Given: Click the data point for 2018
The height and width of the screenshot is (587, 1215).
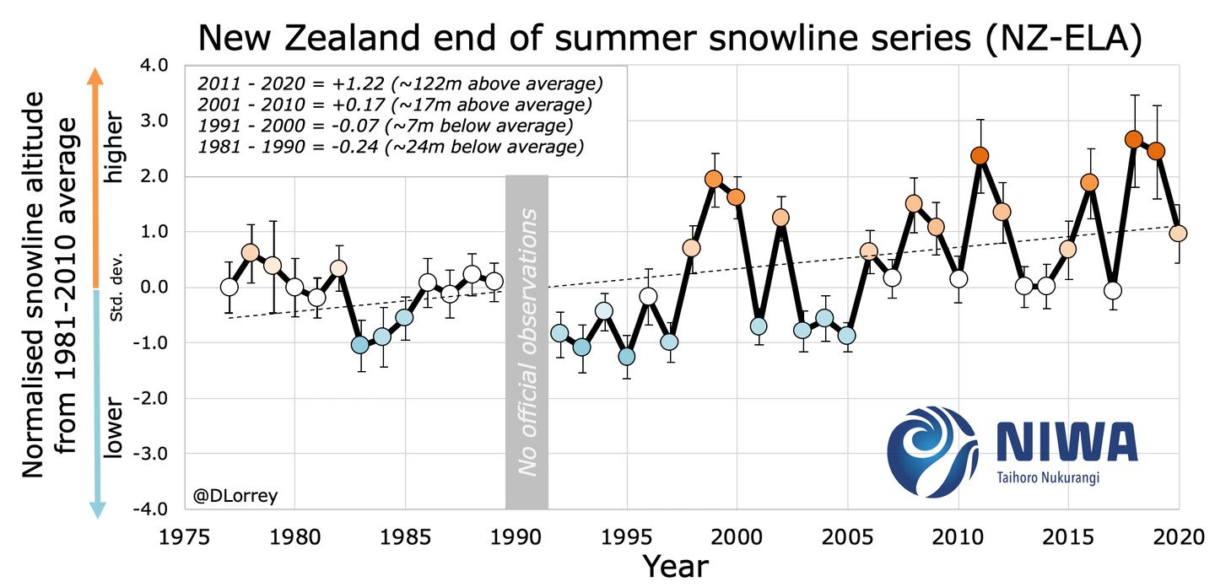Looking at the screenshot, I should (1134, 139).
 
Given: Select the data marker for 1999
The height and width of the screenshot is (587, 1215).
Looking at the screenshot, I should (714, 179).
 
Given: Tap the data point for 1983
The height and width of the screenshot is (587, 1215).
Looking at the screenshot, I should (360, 344).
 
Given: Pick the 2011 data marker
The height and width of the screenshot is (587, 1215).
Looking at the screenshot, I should (980, 156).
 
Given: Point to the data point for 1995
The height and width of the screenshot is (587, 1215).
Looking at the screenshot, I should (626, 356).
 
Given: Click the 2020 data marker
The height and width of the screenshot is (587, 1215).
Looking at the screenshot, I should (1179, 233).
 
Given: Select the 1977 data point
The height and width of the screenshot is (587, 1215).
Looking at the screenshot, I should (229, 287).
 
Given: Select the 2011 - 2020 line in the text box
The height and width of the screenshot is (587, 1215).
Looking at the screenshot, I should (401, 84).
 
